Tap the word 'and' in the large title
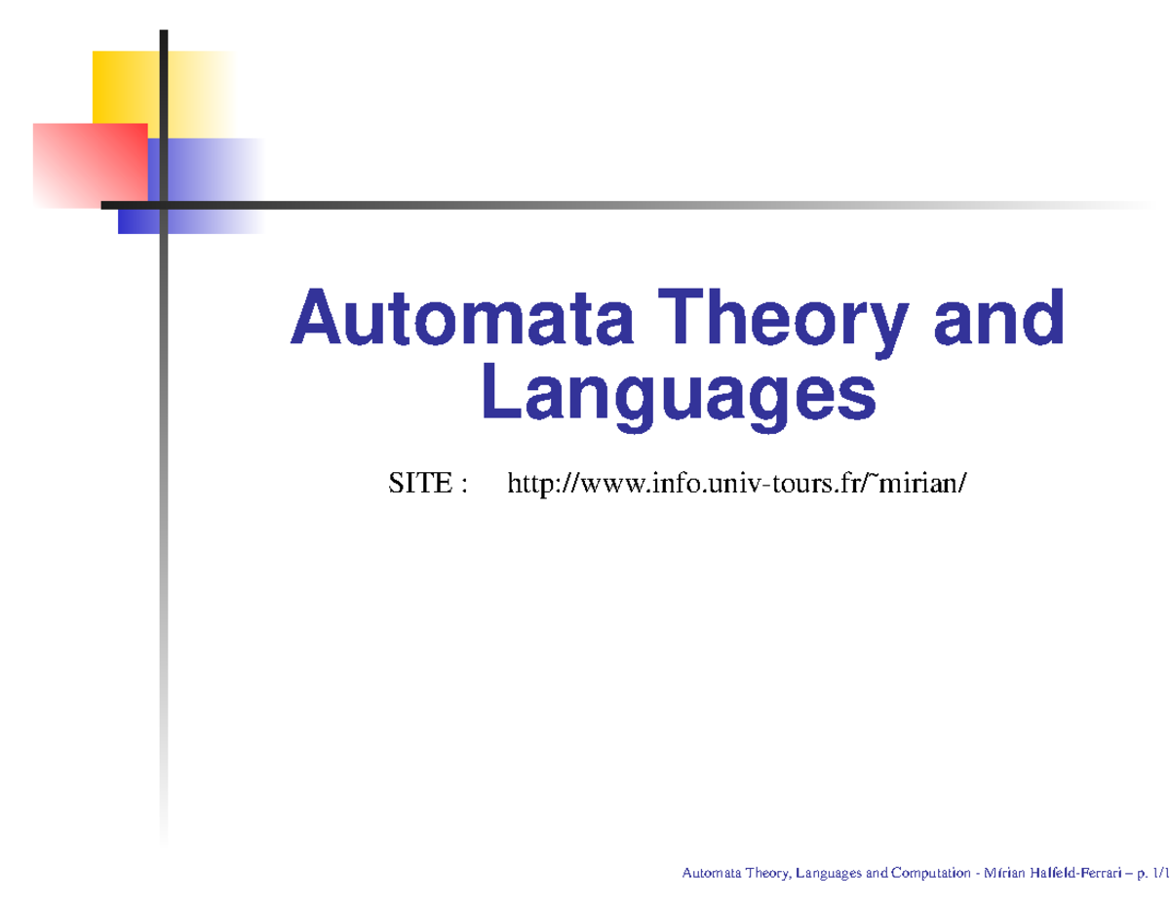point(998,320)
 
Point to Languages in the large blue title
point(679,396)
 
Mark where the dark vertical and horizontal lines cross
point(164,205)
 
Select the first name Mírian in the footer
point(1005,874)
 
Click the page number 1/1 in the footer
point(1160,874)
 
